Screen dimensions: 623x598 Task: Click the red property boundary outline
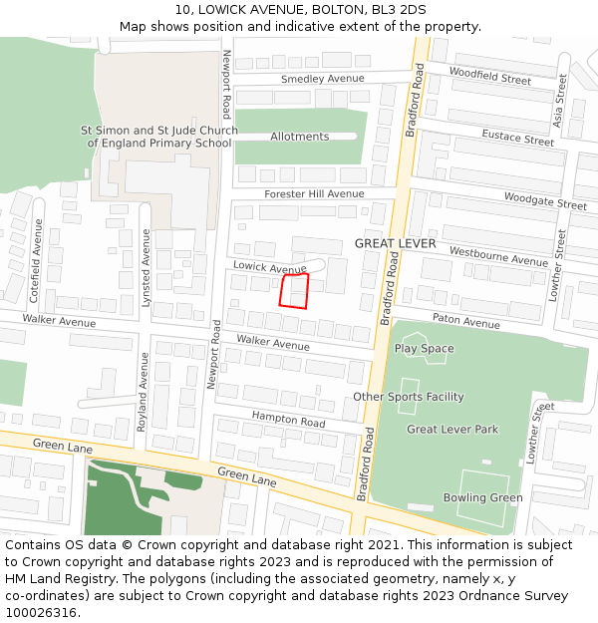[295, 291]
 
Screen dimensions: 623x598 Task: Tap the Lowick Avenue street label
[269, 268]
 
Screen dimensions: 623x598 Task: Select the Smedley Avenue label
[322, 79]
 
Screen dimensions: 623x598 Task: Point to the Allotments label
[299, 137]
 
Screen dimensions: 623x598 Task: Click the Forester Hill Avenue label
[314, 193]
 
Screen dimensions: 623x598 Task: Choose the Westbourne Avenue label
[498, 256]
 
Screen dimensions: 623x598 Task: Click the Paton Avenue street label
[466, 323]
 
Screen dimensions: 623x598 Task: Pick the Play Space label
[424, 349]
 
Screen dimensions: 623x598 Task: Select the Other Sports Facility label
[409, 397]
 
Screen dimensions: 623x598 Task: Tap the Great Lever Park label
[452, 430]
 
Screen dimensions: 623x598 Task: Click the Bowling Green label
[482, 497]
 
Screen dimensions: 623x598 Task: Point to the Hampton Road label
[288, 420]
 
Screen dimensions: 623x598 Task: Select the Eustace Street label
[517, 139]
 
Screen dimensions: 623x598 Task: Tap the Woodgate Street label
[545, 200]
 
